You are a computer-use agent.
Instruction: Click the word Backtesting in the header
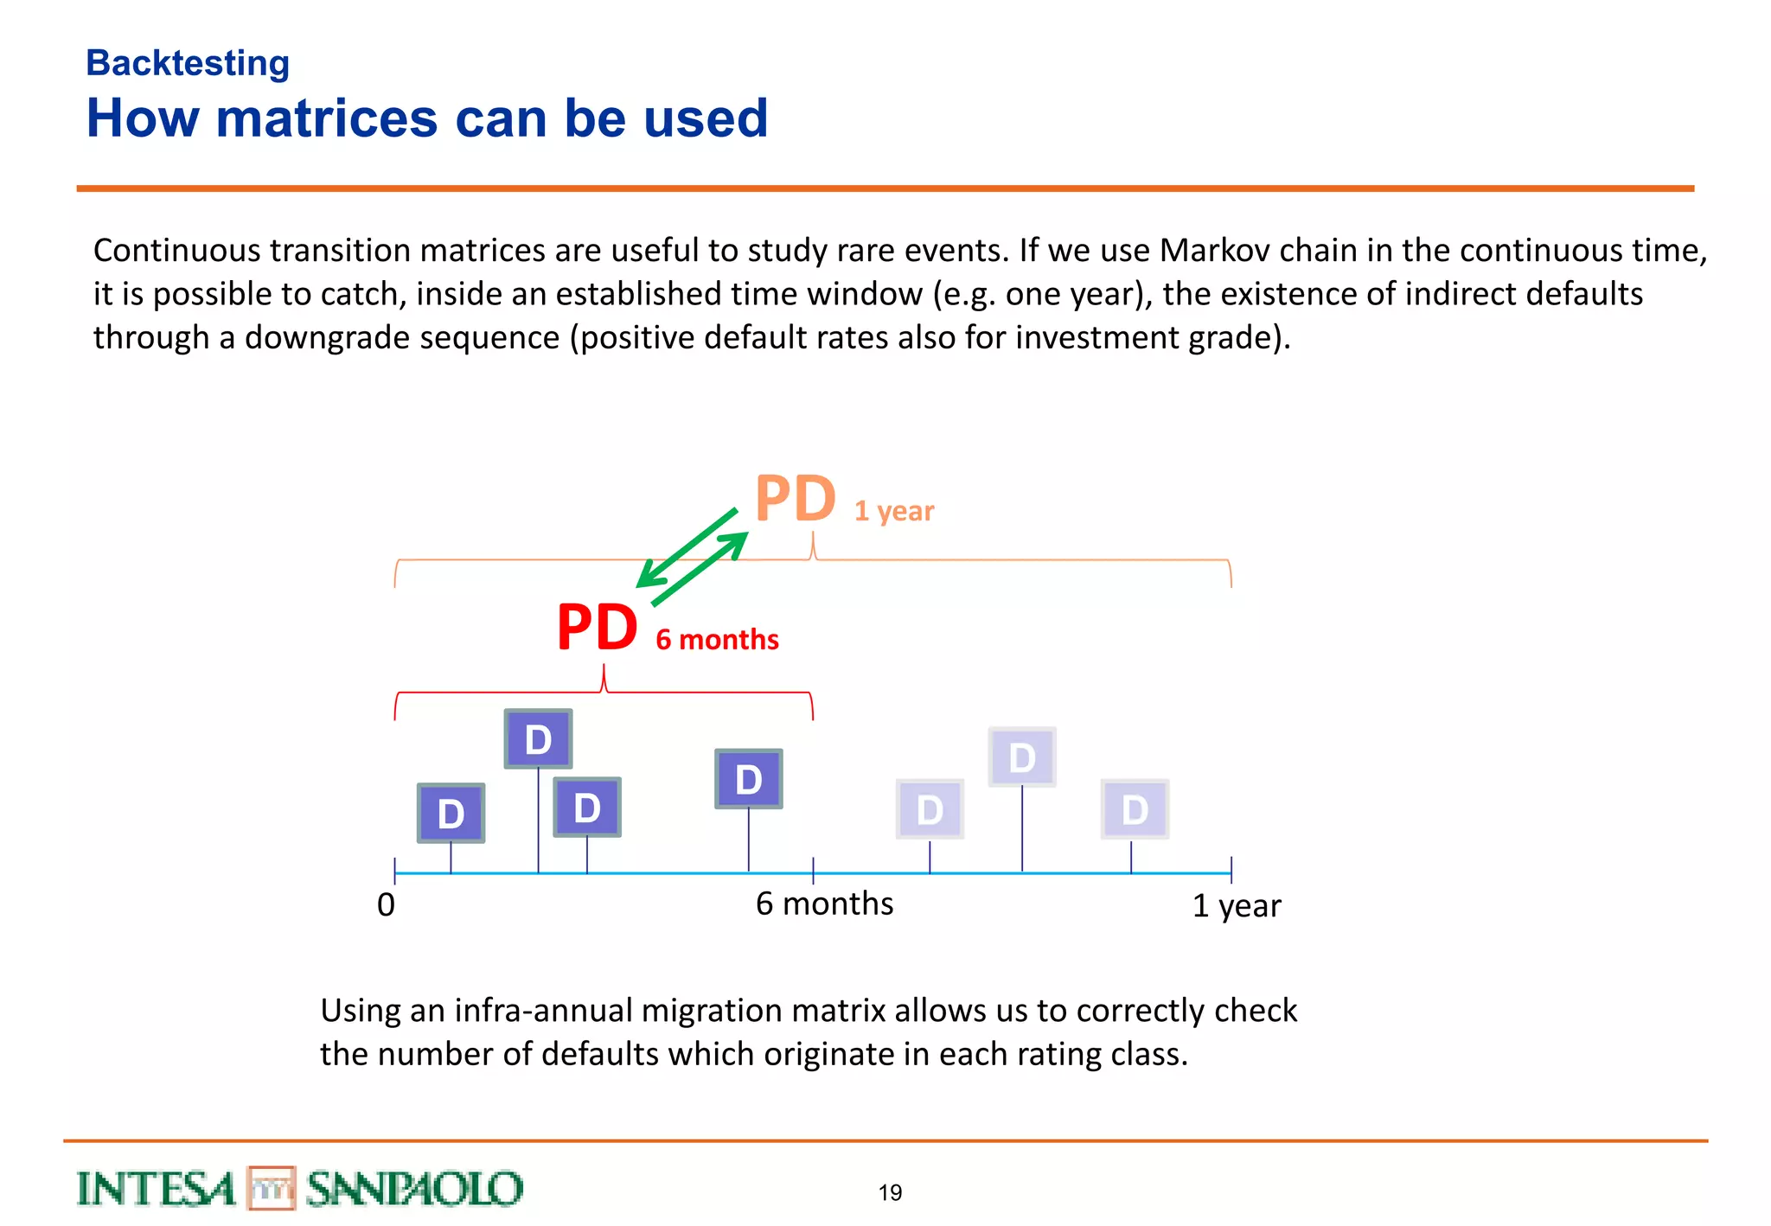click(188, 63)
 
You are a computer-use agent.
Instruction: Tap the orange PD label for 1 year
click(795, 500)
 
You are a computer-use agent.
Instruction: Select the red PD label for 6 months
click(597, 628)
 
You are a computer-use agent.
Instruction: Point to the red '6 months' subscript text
click(717, 640)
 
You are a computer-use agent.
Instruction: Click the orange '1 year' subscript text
click(894, 511)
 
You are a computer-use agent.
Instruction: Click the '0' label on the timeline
click(386, 905)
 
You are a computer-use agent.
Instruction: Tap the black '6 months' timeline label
click(824, 904)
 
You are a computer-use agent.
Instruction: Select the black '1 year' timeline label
click(1237, 906)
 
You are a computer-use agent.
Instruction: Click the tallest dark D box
click(538, 739)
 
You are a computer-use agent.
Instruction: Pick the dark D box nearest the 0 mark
click(451, 813)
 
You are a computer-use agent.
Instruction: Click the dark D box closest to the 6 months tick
click(748, 779)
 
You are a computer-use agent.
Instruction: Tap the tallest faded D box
click(1021, 757)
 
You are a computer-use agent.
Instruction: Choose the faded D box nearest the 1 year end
click(1135, 809)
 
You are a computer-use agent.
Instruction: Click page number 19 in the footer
click(890, 1193)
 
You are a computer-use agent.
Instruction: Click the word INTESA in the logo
click(156, 1189)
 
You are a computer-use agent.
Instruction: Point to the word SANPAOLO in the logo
click(414, 1189)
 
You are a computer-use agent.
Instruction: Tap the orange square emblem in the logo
click(272, 1188)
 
